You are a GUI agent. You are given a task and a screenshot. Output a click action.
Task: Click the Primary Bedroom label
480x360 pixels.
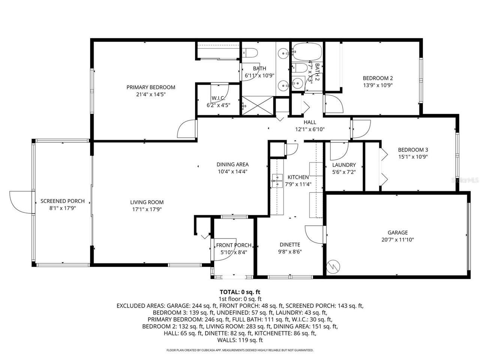[151, 87]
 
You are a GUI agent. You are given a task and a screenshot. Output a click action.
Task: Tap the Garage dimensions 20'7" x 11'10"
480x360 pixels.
[397, 240]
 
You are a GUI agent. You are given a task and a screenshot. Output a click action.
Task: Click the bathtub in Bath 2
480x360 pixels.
[307, 51]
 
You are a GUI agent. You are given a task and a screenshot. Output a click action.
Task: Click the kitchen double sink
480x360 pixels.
[277, 180]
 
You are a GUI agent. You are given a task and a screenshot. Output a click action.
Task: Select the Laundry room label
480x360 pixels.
[344, 165]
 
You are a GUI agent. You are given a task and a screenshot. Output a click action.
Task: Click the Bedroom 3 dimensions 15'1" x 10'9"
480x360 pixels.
[413, 157]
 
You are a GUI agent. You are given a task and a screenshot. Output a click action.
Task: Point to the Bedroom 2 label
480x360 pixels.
[378, 78]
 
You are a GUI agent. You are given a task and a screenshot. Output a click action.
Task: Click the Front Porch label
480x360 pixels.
[234, 245]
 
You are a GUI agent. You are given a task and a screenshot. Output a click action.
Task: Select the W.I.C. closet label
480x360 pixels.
[218, 98]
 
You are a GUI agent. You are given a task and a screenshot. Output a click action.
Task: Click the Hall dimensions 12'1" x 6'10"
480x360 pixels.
[310, 129]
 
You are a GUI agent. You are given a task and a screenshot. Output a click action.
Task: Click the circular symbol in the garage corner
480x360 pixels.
[333, 266]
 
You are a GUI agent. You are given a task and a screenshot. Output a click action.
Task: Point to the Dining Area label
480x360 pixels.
[232, 164]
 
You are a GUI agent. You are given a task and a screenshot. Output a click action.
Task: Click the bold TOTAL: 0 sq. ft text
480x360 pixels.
[240, 292]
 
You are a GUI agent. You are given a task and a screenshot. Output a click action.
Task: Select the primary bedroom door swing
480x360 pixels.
[186, 130]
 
